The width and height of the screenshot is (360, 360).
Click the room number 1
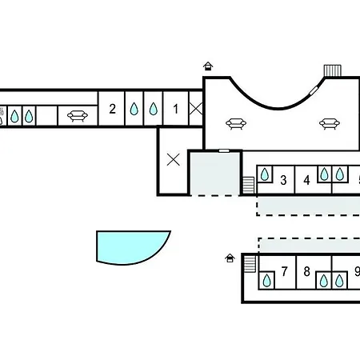pyautogui.click(x=175, y=109)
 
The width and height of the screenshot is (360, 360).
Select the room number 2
pyautogui.click(x=112, y=109)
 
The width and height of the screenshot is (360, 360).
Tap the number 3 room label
pyautogui.click(x=283, y=180)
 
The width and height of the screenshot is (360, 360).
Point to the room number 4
pyautogui.click(x=306, y=180)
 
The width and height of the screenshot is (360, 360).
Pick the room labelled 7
pyautogui.click(x=285, y=272)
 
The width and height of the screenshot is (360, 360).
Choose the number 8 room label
pyautogui.click(x=307, y=272)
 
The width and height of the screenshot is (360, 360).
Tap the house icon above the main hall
pyautogui.click(x=208, y=66)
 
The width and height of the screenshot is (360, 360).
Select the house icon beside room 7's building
pyautogui.click(x=230, y=258)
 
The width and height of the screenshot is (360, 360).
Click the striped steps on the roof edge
pyautogui.click(x=333, y=70)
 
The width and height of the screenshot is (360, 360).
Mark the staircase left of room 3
pyautogui.click(x=248, y=185)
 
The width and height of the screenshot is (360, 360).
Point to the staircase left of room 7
pyautogui.click(x=250, y=264)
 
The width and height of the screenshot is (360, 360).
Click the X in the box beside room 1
pyautogui.click(x=196, y=109)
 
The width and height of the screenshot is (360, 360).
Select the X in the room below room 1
pyautogui.click(x=174, y=160)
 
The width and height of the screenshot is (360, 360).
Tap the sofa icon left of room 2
pyautogui.click(x=78, y=116)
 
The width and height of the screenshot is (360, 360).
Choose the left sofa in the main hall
pyautogui.click(x=236, y=124)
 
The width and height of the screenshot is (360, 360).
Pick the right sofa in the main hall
pyautogui.click(x=330, y=124)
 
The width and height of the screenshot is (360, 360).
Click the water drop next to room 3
pyautogui.click(x=265, y=174)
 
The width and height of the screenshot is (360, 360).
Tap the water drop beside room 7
pyautogui.click(x=266, y=281)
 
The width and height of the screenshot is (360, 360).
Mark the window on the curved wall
pyautogui.click(x=314, y=90)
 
